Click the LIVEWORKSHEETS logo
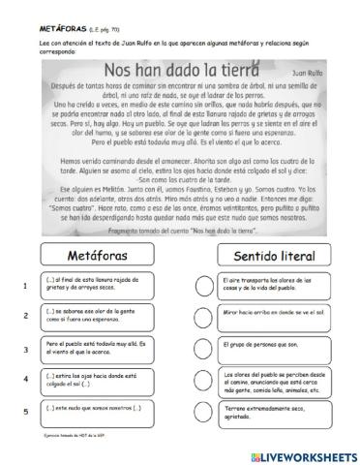pyautogui.click(x=300, y=452)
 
